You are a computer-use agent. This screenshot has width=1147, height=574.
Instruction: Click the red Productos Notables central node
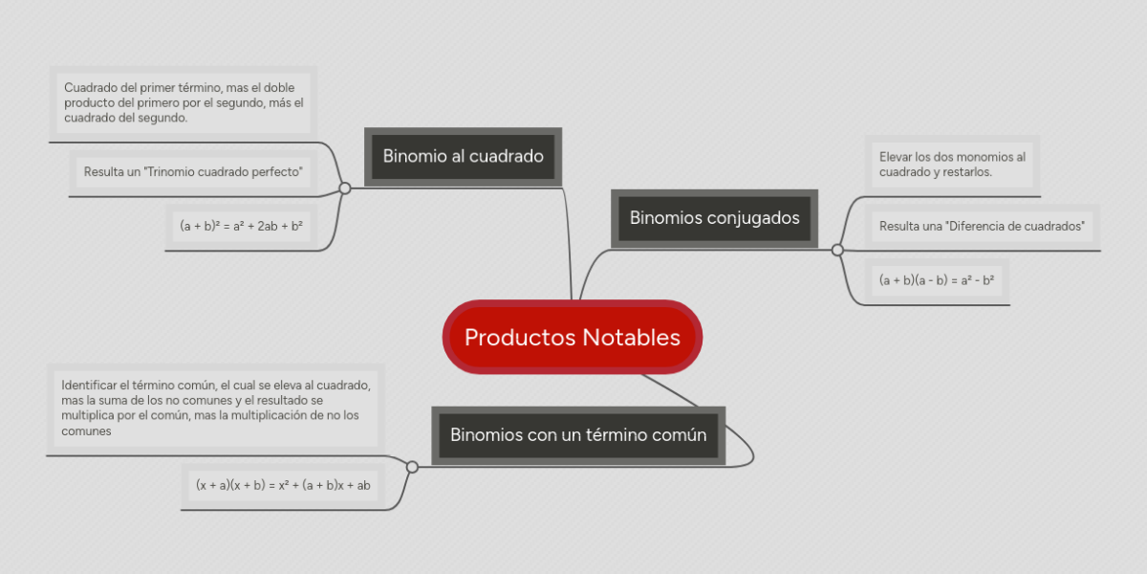[x=573, y=338]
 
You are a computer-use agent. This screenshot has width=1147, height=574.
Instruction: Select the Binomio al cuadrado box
[x=464, y=156]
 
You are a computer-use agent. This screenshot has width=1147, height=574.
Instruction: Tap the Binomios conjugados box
[x=714, y=218]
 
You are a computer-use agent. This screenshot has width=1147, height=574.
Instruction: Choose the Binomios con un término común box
[x=578, y=435]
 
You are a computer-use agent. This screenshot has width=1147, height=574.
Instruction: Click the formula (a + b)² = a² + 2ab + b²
[x=241, y=227]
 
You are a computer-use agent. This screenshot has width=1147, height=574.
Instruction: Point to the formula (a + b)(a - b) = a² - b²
[x=937, y=280]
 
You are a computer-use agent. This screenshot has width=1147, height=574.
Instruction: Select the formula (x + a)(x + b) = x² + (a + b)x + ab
[x=283, y=485]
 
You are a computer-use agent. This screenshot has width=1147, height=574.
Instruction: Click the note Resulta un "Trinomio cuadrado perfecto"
[x=193, y=172]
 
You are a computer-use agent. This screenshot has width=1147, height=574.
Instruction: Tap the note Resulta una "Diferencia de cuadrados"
[x=982, y=227]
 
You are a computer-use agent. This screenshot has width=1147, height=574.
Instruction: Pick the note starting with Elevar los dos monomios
[x=952, y=164]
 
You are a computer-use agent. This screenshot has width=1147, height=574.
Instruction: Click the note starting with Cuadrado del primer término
[x=183, y=102]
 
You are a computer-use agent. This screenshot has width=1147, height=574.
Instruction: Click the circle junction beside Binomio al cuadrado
[x=345, y=188]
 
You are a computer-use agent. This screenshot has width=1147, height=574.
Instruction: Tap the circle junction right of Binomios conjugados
[x=837, y=250]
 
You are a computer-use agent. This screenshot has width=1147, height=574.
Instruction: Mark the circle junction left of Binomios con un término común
[x=412, y=467]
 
